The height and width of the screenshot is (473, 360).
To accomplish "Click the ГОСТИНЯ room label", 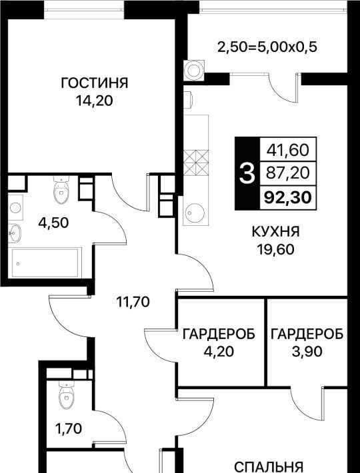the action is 95,83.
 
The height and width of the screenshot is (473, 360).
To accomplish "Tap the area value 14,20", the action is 95,101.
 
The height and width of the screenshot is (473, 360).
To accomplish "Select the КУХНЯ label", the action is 275,232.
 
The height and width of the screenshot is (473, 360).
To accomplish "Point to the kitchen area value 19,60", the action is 275,249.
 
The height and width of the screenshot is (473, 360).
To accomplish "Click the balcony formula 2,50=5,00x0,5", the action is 267,47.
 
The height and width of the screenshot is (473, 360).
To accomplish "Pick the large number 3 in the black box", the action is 247,173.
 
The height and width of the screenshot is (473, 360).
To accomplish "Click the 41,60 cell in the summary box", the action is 288,150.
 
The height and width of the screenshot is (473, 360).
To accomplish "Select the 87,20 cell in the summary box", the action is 288,173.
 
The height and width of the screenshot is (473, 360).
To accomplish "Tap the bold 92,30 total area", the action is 288,198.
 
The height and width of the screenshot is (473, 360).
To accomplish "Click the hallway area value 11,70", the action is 133,301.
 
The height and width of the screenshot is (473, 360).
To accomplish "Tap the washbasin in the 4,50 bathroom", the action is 15,233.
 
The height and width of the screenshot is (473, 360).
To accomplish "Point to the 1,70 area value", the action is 68,428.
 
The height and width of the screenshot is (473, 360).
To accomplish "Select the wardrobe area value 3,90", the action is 307,351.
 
